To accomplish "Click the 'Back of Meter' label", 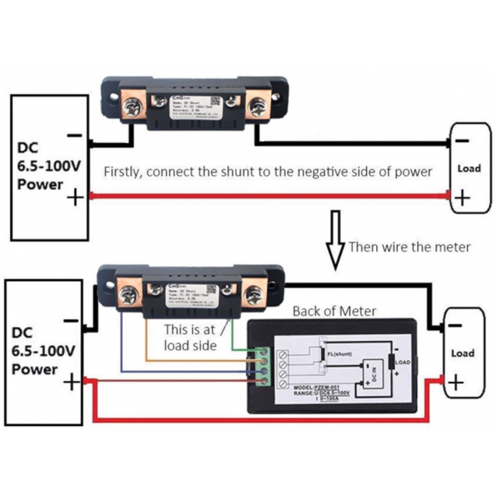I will point(335,311).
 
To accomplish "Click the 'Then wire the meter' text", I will point(409,247).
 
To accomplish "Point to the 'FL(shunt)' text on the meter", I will point(340,353).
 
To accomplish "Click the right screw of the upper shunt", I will point(256,108).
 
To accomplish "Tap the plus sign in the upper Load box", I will point(462,198).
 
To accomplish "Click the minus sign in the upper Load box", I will point(462,142).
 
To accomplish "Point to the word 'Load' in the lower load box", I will point(463,353).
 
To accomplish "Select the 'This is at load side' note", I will point(191,337).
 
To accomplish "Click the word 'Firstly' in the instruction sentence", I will point(123,172).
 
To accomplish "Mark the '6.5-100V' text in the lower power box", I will point(43,350).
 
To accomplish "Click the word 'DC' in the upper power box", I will point(28,148).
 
